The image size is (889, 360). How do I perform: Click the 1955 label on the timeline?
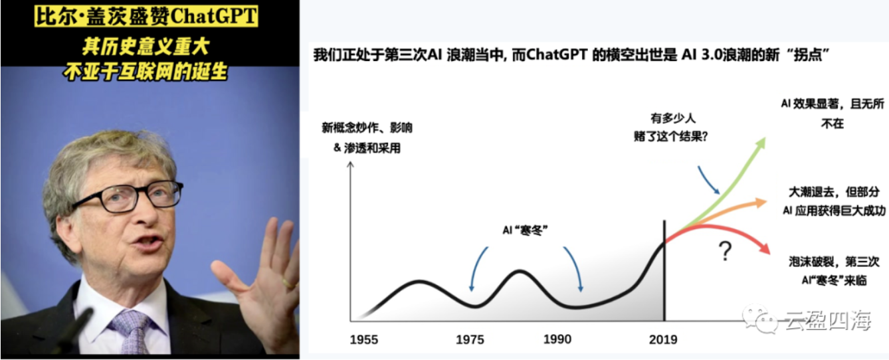coord(363,340)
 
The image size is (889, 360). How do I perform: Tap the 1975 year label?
coord(470,340)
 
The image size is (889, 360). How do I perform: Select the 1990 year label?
coord(557,339)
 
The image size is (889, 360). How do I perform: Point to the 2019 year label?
coord(663,340)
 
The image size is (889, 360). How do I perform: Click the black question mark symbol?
coord(725,251)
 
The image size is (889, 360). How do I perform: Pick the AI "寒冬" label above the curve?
coord(525,230)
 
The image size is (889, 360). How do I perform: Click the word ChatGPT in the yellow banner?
coord(215,17)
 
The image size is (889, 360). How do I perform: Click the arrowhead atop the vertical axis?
coord(350,165)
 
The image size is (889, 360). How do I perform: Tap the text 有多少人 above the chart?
coord(672,118)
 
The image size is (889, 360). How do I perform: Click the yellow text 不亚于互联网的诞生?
coord(146,72)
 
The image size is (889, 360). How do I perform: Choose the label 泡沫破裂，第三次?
coord(834,262)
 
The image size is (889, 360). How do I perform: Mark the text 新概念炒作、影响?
coord(367,128)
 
